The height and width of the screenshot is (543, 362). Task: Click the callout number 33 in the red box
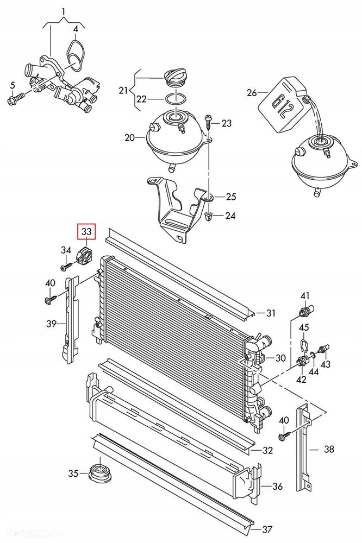point(87,232)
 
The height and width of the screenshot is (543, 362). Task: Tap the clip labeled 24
point(208,216)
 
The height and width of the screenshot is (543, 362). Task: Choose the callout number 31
point(271,313)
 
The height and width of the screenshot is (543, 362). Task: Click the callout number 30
point(280,358)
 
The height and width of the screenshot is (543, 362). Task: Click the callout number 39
point(51,324)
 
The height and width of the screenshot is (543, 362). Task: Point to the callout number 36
point(277,487)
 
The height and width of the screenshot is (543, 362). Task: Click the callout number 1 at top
point(64,11)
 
